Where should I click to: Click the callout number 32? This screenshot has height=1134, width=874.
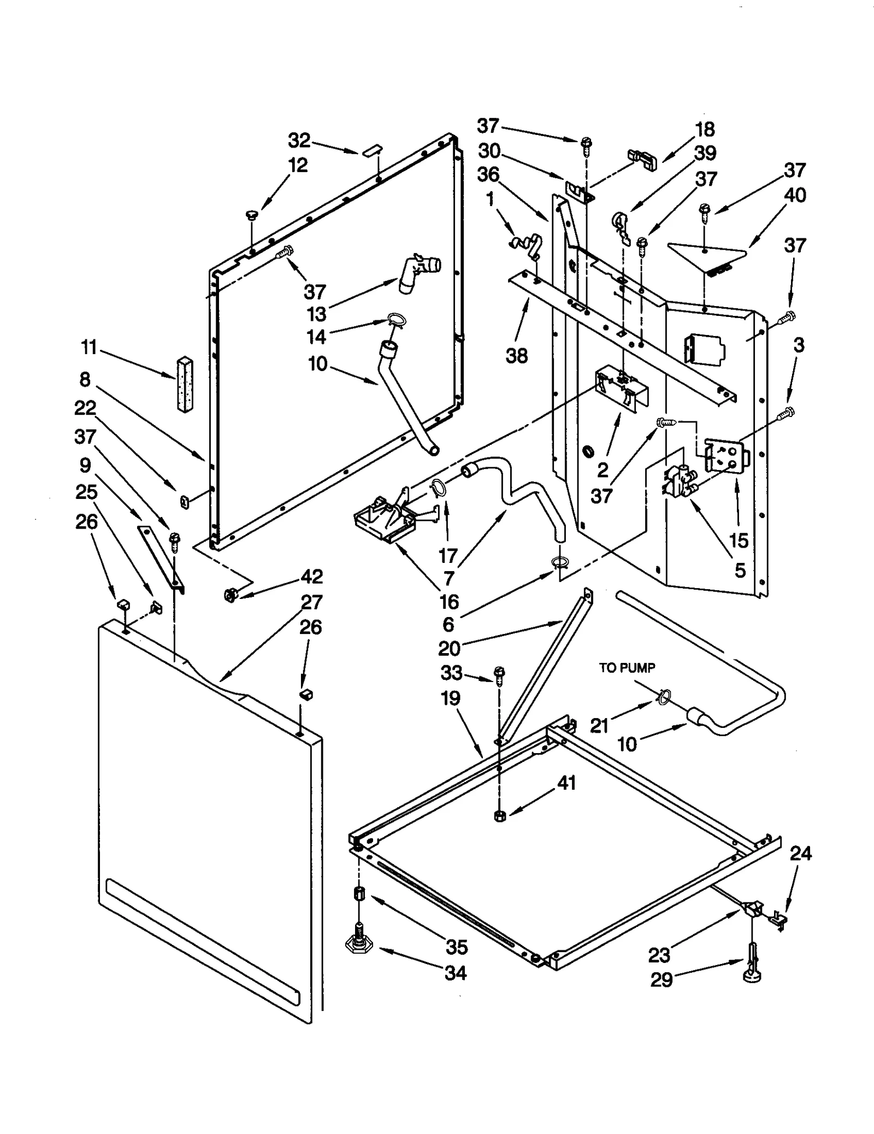click(x=299, y=140)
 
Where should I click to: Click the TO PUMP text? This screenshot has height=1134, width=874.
click(x=627, y=668)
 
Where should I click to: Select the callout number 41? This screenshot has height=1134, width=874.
click(x=566, y=783)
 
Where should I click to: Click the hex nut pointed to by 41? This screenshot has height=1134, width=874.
click(x=499, y=816)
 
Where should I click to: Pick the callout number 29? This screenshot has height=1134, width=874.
click(x=661, y=980)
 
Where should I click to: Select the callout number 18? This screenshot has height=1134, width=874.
click(x=705, y=130)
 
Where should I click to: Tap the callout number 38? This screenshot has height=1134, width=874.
click(x=517, y=356)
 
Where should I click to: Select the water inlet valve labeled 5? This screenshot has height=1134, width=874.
click(x=678, y=480)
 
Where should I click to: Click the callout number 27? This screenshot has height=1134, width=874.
click(x=311, y=602)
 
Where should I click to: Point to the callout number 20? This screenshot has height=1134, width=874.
click(x=449, y=648)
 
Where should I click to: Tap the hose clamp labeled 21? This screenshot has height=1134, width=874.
click(x=663, y=697)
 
